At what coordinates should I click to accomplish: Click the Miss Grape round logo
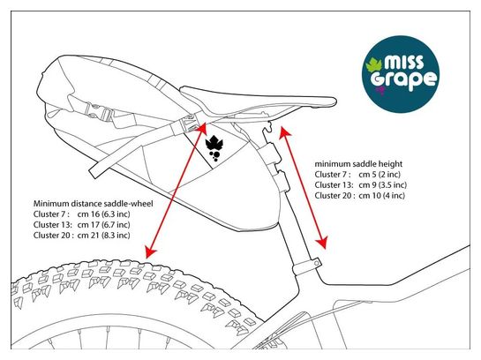401,74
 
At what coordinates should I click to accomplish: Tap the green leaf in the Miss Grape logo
373,66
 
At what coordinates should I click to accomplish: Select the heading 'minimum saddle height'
358,164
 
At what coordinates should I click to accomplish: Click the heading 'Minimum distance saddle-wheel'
93,204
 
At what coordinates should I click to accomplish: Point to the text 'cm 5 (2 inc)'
380,175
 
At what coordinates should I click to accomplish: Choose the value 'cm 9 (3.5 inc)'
382,185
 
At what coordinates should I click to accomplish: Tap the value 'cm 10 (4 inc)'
381,195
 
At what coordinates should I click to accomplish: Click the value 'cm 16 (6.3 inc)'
103,214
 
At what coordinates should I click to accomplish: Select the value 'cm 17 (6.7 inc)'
103,225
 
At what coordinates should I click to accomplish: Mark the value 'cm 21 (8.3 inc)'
103,236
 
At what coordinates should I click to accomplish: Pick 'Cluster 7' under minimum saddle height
333,175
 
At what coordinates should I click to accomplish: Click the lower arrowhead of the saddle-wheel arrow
150,252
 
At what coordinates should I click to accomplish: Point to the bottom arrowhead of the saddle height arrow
322,242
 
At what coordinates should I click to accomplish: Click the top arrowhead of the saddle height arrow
284,131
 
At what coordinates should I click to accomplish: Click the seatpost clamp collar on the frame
307,266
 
